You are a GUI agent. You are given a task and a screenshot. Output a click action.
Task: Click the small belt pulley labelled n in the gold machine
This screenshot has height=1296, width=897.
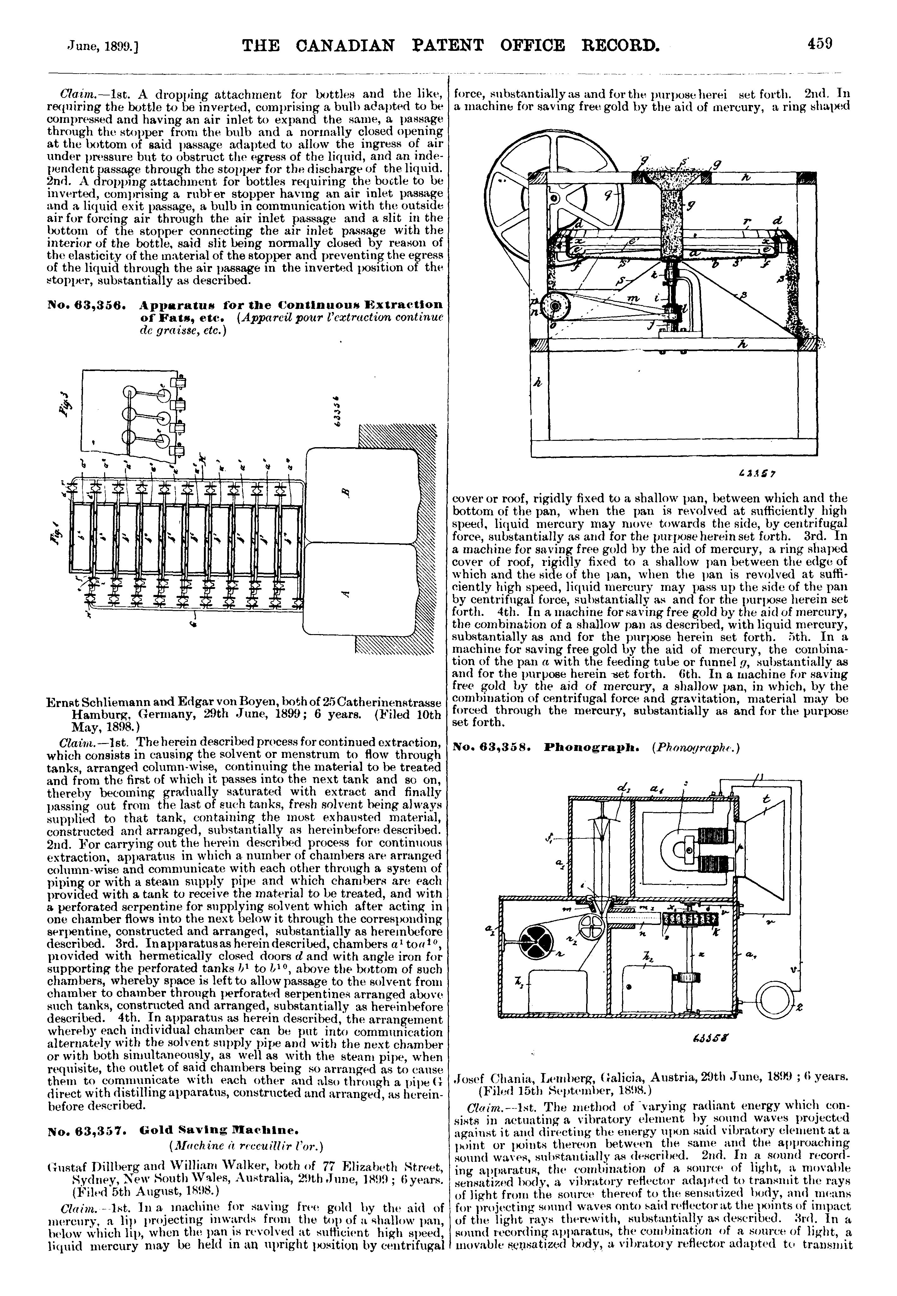(557, 307)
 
